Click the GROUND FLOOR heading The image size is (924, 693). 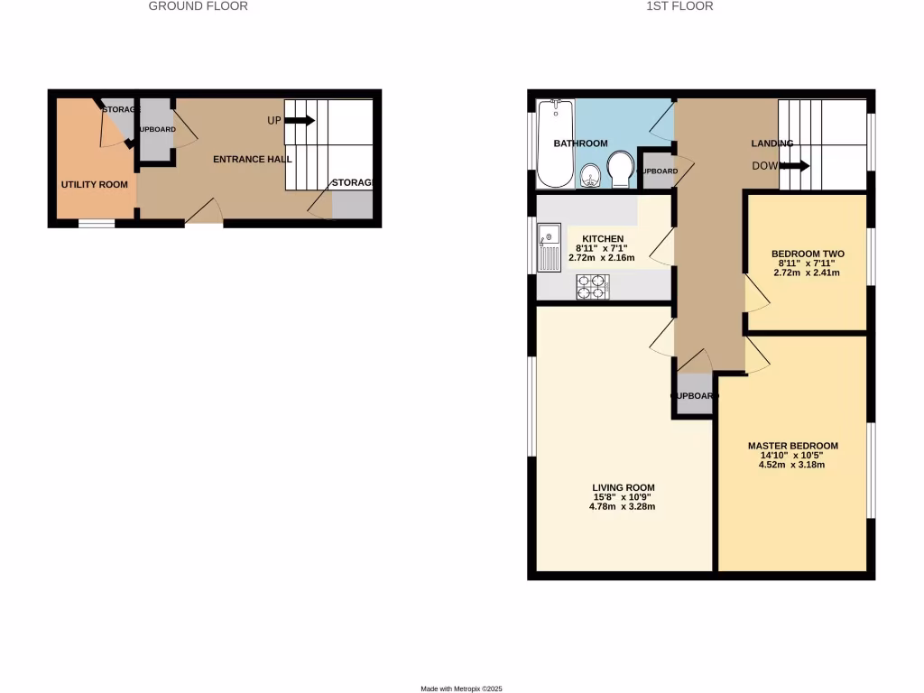point(198,6)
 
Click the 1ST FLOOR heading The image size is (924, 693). point(679,6)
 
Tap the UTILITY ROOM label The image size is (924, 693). point(94,184)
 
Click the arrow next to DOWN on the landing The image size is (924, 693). point(796,166)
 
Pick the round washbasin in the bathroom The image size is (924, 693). point(590,174)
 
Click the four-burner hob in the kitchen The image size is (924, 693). point(592,287)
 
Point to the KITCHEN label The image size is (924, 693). point(603,238)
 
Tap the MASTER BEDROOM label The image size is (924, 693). point(793,446)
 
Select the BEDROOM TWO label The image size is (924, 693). point(807,253)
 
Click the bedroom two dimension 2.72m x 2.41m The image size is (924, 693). point(807,272)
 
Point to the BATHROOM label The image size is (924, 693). point(580,143)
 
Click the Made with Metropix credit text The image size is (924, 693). point(461,688)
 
